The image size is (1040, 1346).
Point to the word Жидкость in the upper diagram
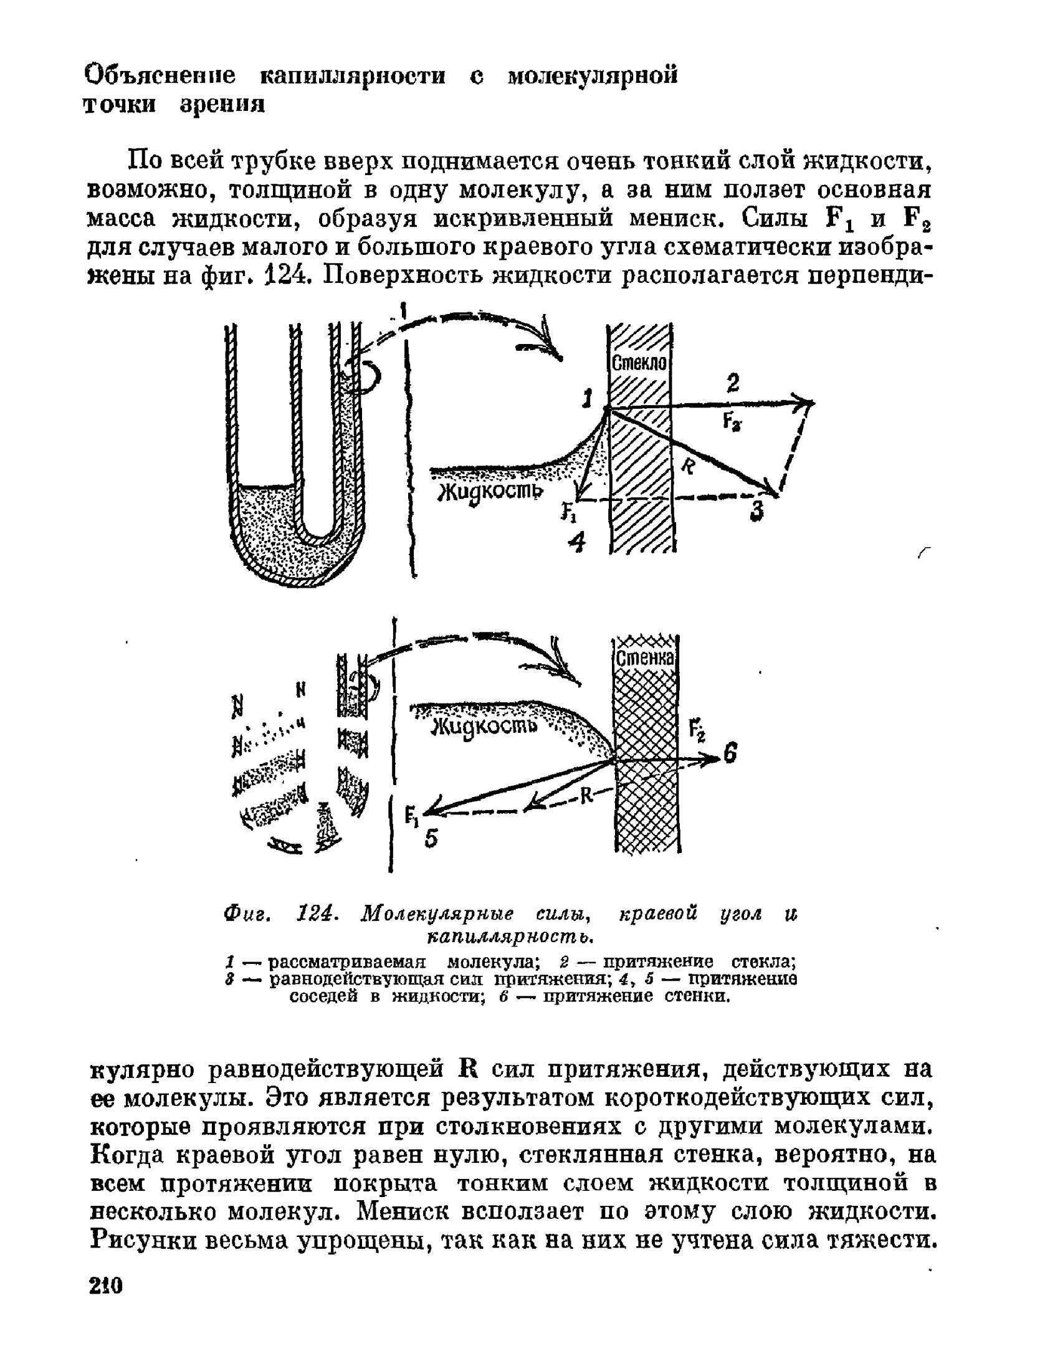tap(489, 491)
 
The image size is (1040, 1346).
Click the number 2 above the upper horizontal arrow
tap(733, 382)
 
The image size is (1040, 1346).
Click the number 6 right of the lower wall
tap(731, 755)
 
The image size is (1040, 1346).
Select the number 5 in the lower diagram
tap(431, 839)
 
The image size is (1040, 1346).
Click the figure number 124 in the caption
tap(318, 915)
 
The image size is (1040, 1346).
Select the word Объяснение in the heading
tap(160, 76)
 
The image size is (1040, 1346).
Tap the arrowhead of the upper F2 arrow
tap(808, 403)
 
